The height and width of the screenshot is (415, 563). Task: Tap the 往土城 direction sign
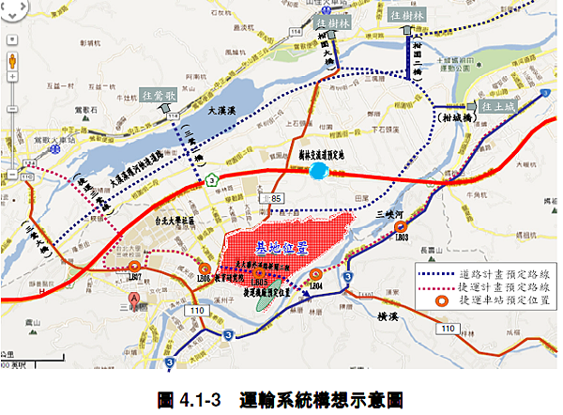pyautogui.click(x=494, y=108)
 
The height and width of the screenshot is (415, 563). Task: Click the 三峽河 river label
pyautogui.click(x=388, y=213)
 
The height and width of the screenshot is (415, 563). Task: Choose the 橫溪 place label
pyautogui.click(x=386, y=317)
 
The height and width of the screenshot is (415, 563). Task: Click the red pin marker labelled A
pyautogui.click(x=134, y=301)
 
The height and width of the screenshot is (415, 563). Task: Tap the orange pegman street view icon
pyautogui.click(x=12, y=63)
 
